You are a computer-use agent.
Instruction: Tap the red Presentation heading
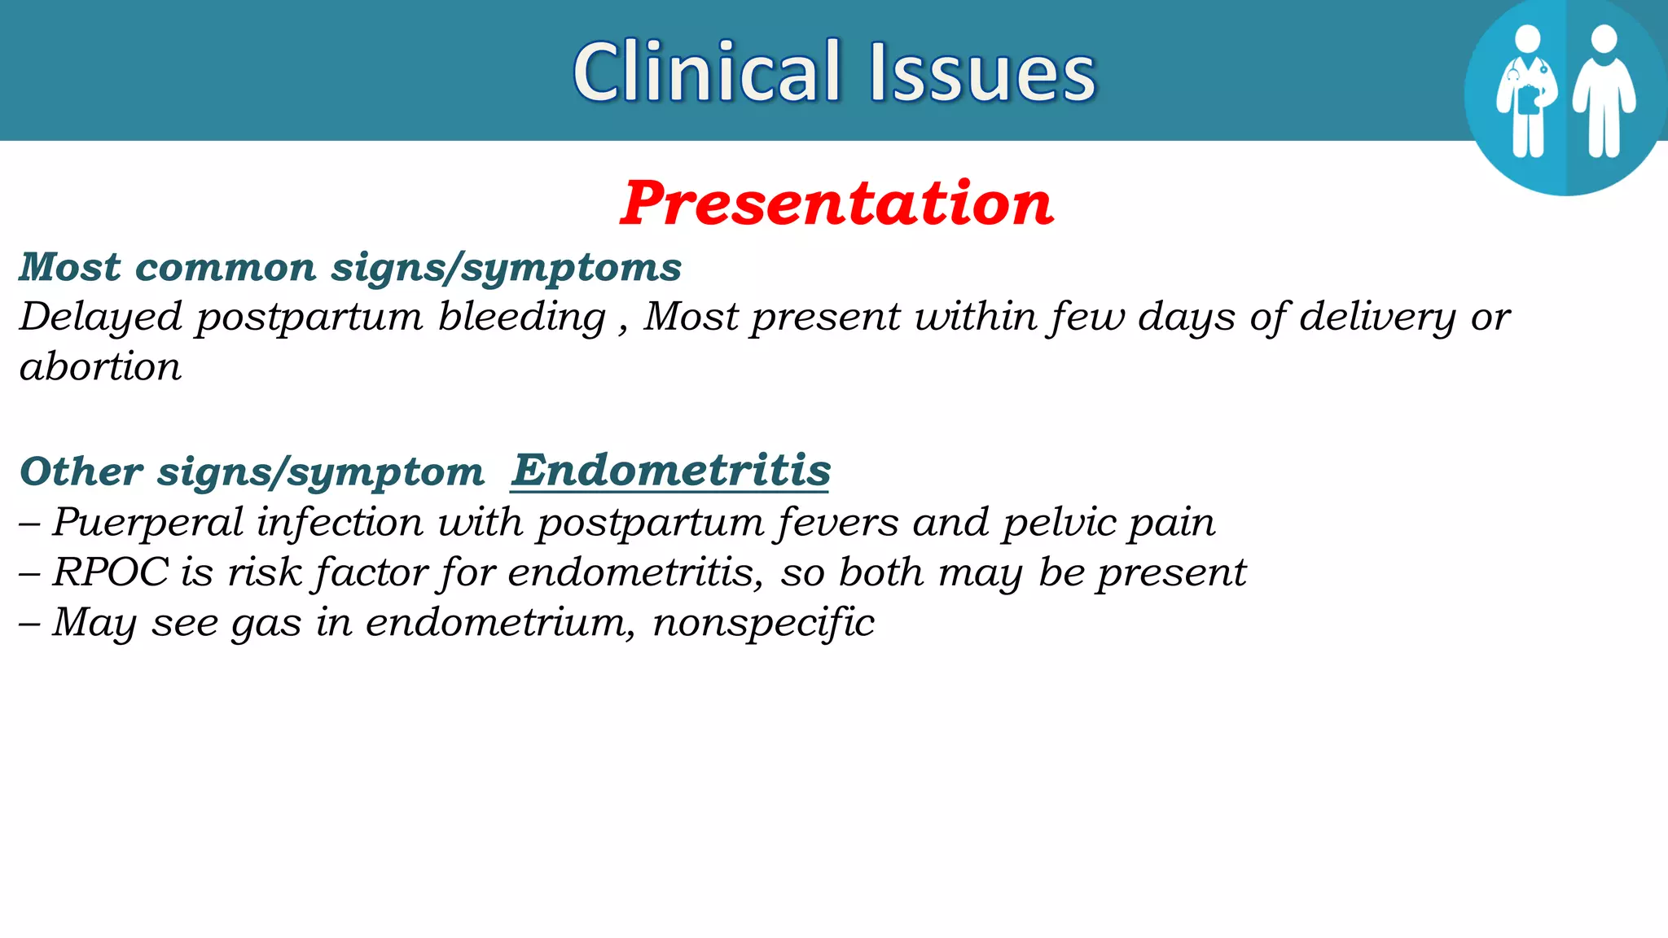point(836,203)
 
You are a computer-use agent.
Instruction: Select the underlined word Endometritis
point(670,471)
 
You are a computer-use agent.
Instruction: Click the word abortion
point(100,367)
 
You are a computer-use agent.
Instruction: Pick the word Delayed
point(99,317)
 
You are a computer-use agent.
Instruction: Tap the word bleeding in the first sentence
point(521,317)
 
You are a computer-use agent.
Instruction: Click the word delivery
point(1377,317)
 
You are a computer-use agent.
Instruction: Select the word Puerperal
point(147,522)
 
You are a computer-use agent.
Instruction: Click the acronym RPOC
point(110,572)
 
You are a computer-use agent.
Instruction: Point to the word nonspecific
point(763,623)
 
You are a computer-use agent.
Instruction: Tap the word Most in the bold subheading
point(70,267)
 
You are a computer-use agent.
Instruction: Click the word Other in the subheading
point(81,471)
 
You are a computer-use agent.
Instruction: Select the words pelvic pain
point(1108,522)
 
